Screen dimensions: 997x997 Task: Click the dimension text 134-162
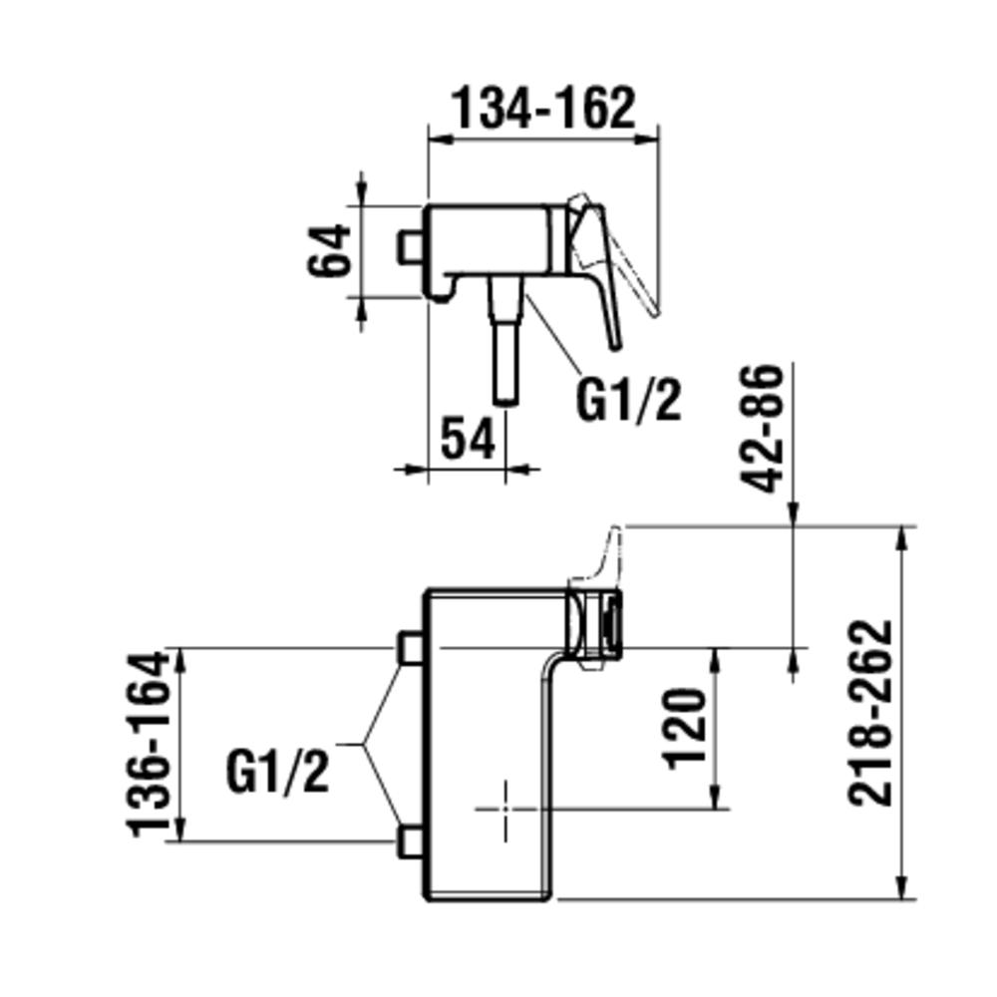point(543,108)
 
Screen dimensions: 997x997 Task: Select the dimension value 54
point(468,439)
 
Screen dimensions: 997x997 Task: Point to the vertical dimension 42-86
point(766,429)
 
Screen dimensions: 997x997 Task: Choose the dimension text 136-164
point(148,743)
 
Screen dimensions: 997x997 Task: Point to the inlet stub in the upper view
point(409,247)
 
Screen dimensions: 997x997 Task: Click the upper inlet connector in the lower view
point(408,647)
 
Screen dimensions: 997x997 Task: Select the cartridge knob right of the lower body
point(595,621)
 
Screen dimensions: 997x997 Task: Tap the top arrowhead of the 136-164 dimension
point(181,658)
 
